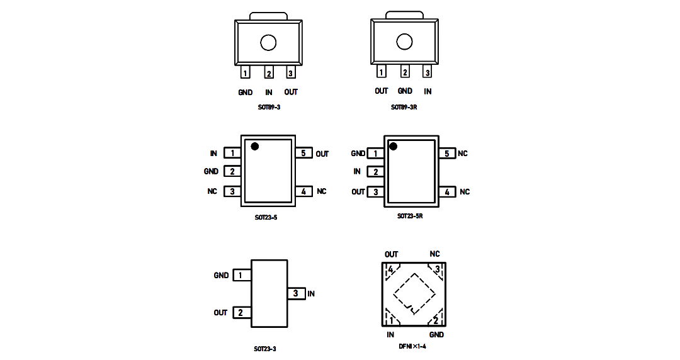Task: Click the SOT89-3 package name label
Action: pyautogui.click(x=269, y=107)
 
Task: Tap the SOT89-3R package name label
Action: pyautogui.click(x=404, y=107)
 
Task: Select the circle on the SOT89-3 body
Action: pyautogui.click(x=268, y=43)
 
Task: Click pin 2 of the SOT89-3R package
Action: pyautogui.click(x=405, y=72)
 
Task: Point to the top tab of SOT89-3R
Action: pyautogui.click(x=404, y=15)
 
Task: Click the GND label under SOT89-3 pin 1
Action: pyautogui.click(x=245, y=93)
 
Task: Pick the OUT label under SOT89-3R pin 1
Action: pyautogui.click(x=381, y=91)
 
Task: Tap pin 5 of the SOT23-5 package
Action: pyautogui.click(x=303, y=153)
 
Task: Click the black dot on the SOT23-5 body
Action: pyautogui.click(x=254, y=147)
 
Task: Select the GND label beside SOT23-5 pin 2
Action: pyautogui.click(x=211, y=171)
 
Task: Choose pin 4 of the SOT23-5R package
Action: pyautogui.click(x=447, y=192)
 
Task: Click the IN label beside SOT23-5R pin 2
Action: pyautogui.click(x=357, y=172)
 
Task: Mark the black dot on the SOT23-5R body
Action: pyautogui.click(x=393, y=147)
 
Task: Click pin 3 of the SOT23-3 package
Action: pyautogui.click(x=296, y=294)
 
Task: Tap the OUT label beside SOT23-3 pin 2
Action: pyautogui.click(x=220, y=313)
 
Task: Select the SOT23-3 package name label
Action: pyautogui.click(x=265, y=349)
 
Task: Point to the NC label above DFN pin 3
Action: pyautogui.click(x=434, y=254)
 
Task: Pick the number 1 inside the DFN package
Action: pyautogui.click(x=391, y=320)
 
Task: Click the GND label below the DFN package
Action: pyautogui.click(x=437, y=335)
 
